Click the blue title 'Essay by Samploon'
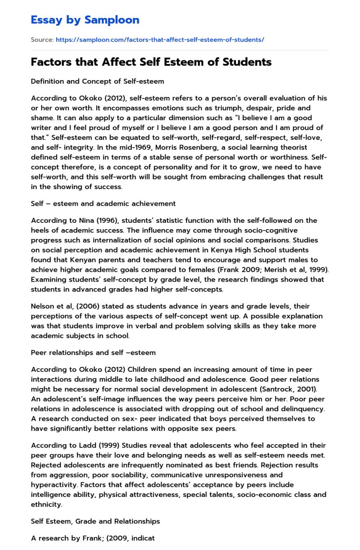coord(85,20)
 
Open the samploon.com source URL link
coord(160,40)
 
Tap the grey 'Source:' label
coord(42,40)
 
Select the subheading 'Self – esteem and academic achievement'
coord(103,203)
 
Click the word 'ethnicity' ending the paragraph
coord(46,505)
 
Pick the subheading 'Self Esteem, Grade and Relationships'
coord(95,521)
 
